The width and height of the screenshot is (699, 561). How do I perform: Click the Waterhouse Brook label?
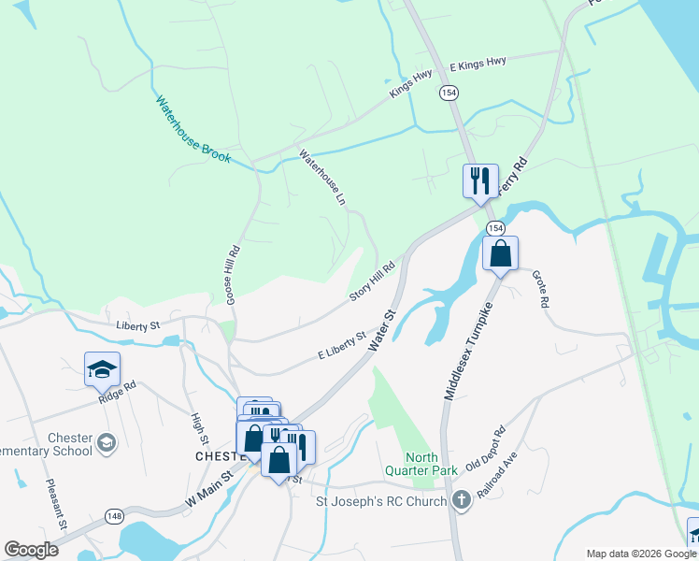click(x=193, y=130)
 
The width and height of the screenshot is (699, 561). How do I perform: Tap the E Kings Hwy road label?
click(x=478, y=64)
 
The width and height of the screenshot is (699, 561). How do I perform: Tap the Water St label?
click(x=383, y=331)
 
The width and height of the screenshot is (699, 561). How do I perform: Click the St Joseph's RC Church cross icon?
click(x=460, y=501)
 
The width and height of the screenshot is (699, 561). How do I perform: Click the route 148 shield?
click(x=114, y=516)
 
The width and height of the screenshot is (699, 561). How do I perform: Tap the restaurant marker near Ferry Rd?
click(x=480, y=181)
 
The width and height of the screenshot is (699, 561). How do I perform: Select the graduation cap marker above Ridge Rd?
click(x=102, y=370)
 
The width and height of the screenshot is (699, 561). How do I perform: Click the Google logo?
click(x=32, y=549)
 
